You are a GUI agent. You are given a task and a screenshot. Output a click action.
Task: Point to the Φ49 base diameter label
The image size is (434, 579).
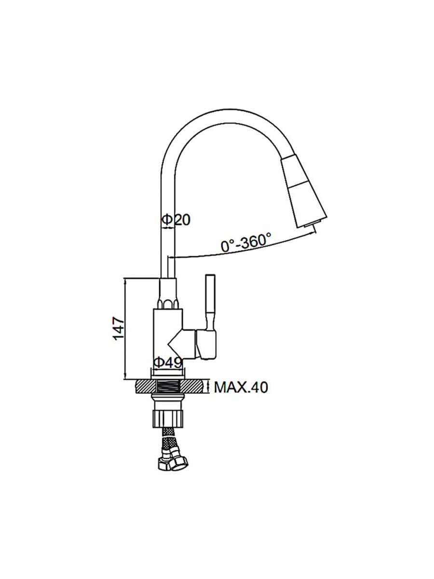point(168,363)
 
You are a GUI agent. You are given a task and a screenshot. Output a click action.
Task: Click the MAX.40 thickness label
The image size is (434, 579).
point(241,388)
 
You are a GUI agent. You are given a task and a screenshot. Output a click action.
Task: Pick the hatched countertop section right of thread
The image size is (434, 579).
point(193,387)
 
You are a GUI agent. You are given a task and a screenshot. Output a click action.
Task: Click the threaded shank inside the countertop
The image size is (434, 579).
point(169,387)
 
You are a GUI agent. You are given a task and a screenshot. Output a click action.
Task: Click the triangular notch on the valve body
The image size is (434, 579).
point(175,344)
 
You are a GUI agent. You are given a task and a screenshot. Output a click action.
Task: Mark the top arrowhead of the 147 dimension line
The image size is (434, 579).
point(125,280)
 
